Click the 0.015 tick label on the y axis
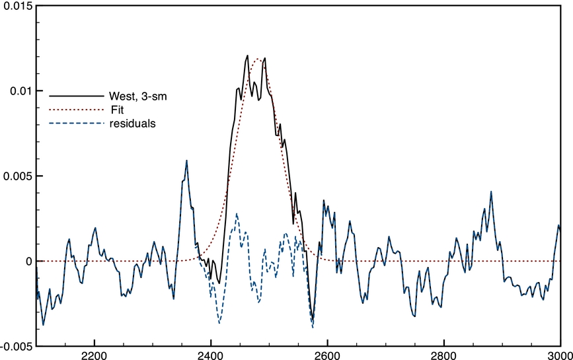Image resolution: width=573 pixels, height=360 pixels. click(x=16, y=6)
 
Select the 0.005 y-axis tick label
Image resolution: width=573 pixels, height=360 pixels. click(x=18, y=176)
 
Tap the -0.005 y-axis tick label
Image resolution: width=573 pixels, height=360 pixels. click(x=16, y=347)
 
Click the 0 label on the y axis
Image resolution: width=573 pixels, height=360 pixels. click(x=28, y=262)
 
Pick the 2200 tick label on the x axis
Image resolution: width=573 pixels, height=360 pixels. click(x=95, y=355)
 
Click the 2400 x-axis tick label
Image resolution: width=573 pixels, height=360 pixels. click(x=211, y=355)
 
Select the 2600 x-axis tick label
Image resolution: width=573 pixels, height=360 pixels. click(x=327, y=355)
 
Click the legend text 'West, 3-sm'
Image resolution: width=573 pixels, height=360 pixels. click(x=138, y=96)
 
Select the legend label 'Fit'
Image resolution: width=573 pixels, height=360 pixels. click(x=117, y=110)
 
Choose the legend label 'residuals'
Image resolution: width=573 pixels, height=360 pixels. click(x=133, y=124)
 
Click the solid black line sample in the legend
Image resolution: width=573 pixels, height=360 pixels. click(x=77, y=96)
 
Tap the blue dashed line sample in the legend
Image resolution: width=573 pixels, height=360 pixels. click(x=77, y=124)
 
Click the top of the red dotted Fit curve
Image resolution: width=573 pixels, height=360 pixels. click(x=258, y=59)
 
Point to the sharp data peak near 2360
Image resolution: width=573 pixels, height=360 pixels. click(x=186, y=161)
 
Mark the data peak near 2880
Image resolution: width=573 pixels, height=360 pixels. click(x=491, y=192)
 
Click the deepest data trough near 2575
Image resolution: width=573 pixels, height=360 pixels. click(x=313, y=326)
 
